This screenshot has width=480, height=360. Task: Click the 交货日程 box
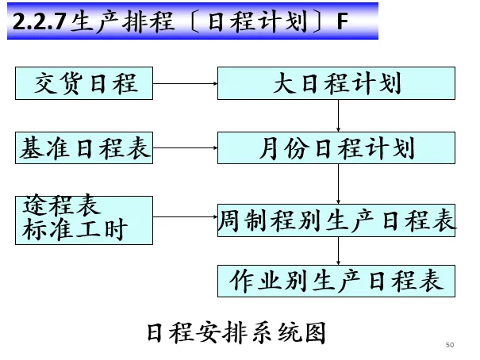click(x=84, y=83)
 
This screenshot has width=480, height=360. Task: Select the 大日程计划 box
click(x=336, y=83)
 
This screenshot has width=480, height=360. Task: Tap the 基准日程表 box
click(x=84, y=148)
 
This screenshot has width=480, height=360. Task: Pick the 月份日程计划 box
click(x=336, y=148)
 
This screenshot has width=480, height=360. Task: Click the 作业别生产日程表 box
click(x=336, y=281)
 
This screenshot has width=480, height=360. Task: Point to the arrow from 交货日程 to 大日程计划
click(x=185, y=83)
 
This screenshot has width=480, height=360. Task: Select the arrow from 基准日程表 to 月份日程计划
click(x=185, y=148)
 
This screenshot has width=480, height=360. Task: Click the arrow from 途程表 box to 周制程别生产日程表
click(x=185, y=215)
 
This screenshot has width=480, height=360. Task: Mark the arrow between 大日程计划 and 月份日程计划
click(x=339, y=116)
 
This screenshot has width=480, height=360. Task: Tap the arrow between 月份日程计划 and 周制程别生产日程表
click(x=339, y=184)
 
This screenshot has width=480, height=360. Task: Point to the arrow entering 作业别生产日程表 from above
click(x=339, y=252)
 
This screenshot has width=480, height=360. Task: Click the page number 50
click(x=450, y=345)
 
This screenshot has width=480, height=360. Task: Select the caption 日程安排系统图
click(x=236, y=332)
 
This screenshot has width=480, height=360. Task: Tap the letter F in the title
click(x=342, y=22)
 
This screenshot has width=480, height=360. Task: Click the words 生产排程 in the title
click(x=113, y=22)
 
